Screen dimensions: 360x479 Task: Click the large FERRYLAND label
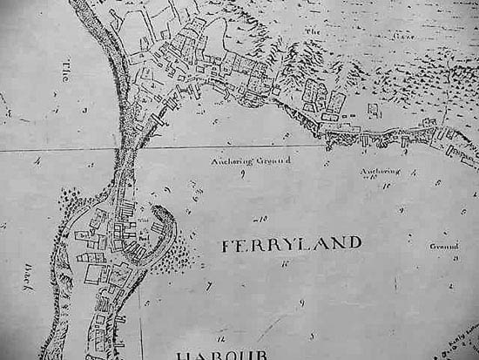tap(291, 244)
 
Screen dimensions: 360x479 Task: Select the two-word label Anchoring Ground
tap(252, 161)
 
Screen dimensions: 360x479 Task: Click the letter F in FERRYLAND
tap(226, 245)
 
